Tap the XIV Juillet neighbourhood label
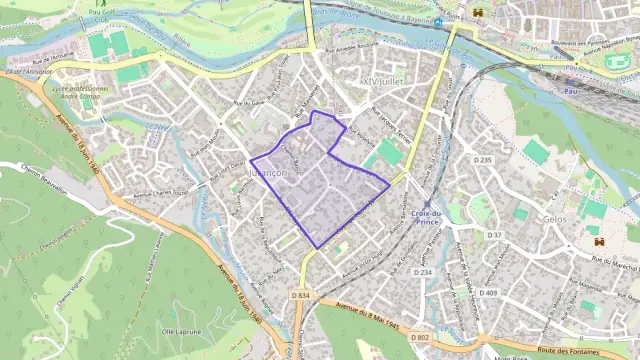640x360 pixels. (x=385, y=77)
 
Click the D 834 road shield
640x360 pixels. (x=303, y=295)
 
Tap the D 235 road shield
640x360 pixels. (x=483, y=160)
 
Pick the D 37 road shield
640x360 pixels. (x=494, y=235)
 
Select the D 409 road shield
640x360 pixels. (x=488, y=292)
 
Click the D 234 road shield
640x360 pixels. (x=423, y=272)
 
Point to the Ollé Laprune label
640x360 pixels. (x=183, y=330)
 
